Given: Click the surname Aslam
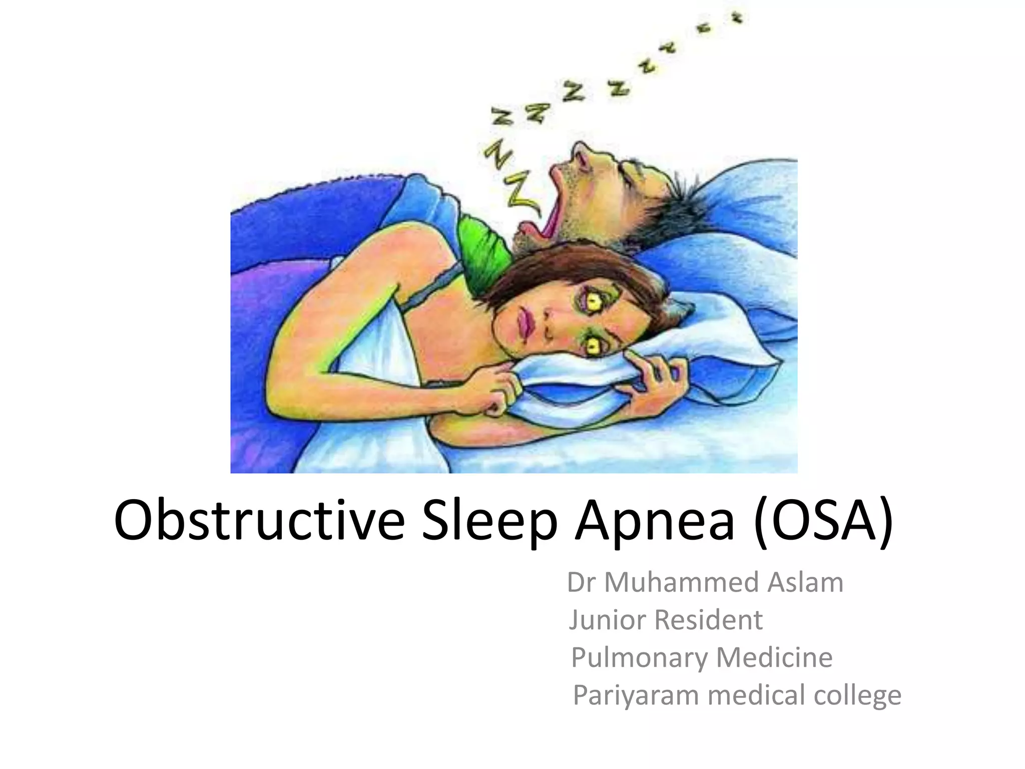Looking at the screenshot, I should (x=805, y=582).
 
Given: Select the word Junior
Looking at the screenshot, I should (x=608, y=620).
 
